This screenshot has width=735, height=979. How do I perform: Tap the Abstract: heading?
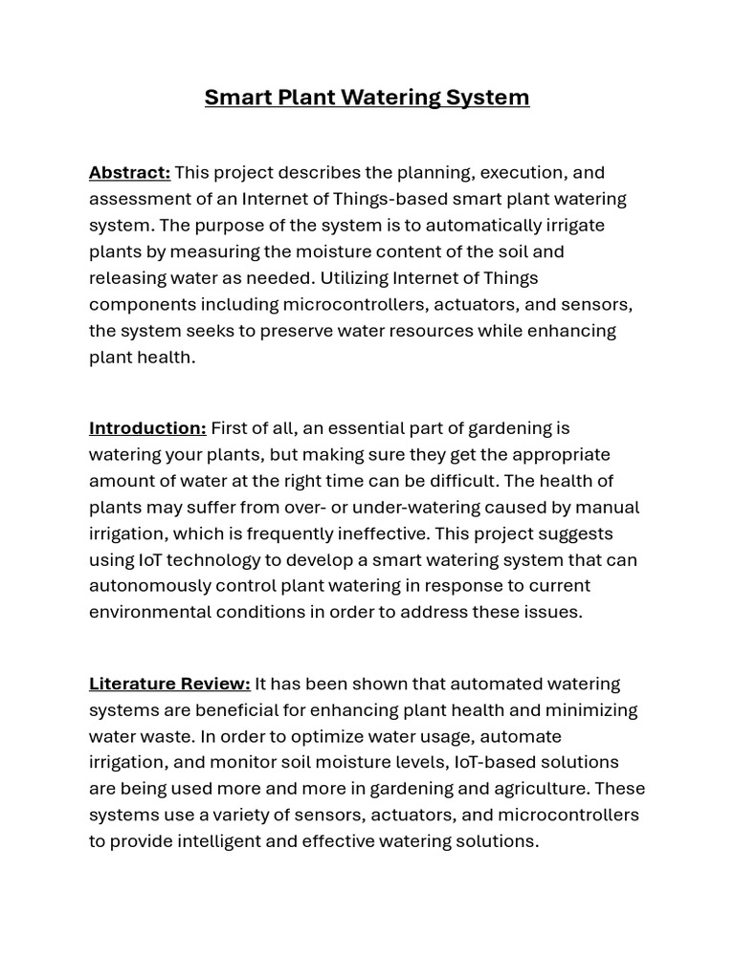tap(129, 172)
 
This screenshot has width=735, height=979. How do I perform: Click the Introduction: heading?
tap(147, 427)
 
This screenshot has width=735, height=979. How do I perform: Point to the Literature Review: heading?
tap(169, 684)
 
